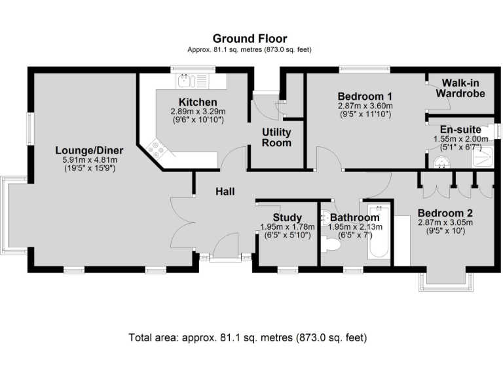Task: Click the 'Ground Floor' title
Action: [x=250, y=39]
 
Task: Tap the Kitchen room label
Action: [x=198, y=102]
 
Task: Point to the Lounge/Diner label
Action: [x=89, y=150]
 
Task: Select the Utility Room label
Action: [x=276, y=137]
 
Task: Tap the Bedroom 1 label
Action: [x=365, y=96]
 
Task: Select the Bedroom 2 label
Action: [x=445, y=213]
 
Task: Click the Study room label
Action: [x=288, y=218]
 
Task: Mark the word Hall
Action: [x=226, y=191]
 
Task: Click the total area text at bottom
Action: [x=248, y=338]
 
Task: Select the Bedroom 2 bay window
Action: [x=449, y=278]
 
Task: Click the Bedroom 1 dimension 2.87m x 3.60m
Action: [x=365, y=106]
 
